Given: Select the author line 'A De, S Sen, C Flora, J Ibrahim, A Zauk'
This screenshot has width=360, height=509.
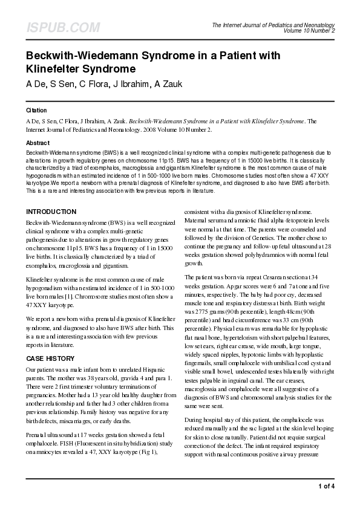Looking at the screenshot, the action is tap(100, 83).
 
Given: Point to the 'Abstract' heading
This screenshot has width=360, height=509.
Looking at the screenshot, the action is tap(38, 143).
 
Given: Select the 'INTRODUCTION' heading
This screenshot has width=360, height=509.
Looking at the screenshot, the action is tap(51, 212).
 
